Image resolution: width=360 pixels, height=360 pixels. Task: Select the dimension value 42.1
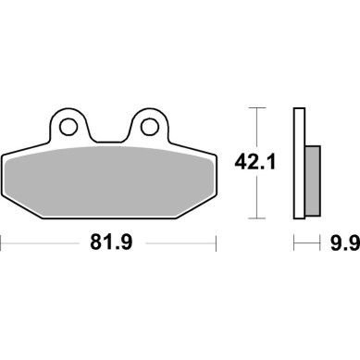[x=254, y=164]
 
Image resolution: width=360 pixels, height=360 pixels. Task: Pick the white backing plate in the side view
[x=299, y=164]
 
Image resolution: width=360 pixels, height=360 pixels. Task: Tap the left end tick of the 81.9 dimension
[x=3, y=246]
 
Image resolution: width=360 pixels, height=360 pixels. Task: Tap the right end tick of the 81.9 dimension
[x=216, y=246]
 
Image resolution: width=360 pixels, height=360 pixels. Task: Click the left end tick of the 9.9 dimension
[x=294, y=246]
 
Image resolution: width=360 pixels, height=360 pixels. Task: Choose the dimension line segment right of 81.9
[x=176, y=246]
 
